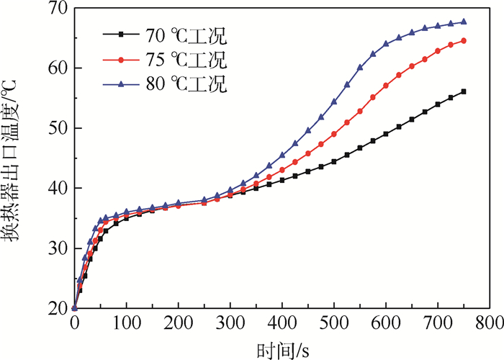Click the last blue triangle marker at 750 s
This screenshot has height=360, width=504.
(x=463, y=22)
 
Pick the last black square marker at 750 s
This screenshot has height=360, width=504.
(x=463, y=91)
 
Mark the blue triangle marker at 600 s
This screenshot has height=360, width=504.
(x=386, y=44)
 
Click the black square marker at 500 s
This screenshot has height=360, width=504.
(x=334, y=161)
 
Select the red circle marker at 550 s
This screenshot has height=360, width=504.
(x=360, y=111)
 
